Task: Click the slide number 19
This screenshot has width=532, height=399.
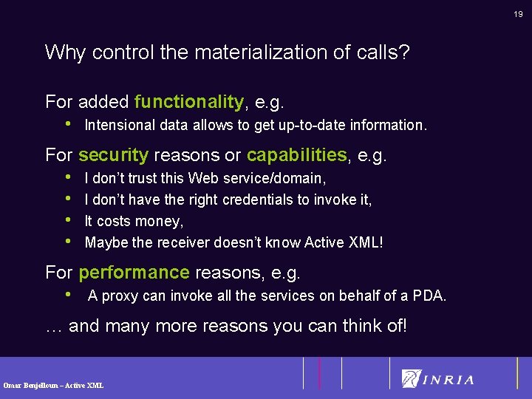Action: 519,13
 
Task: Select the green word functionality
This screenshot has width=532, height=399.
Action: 189,101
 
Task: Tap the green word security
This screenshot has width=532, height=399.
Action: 113,155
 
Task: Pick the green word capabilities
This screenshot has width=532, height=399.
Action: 296,155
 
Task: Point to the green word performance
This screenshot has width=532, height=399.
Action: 134,273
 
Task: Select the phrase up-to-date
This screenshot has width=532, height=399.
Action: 313,126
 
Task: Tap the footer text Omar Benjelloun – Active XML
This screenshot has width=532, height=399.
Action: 53,386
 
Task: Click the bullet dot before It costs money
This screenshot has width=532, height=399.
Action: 69,221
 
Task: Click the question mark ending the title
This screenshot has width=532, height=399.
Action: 406,52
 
